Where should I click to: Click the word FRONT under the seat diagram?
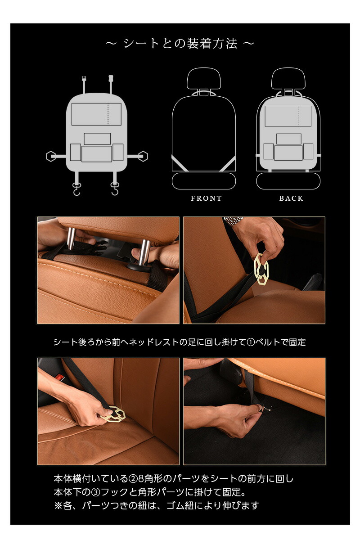tap(206, 198)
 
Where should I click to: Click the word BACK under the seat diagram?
tap(291, 198)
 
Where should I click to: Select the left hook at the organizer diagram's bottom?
tap(77, 189)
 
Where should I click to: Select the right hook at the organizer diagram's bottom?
tap(115, 189)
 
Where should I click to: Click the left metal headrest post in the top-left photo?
tap(72, 238)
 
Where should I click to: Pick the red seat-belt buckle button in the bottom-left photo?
tap(59, 377)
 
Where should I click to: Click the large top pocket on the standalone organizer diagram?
tap(96, 114)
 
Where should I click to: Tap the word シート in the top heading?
tap(140, 44)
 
